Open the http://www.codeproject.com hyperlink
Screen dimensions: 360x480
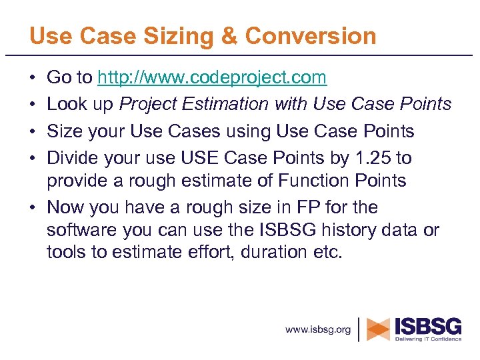click(x=212, y=78)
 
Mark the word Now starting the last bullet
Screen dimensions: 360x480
click(x=65, y=207)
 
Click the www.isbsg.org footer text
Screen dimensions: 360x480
click(x=318, y=329)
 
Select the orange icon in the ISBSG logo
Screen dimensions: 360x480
click(x=379, y=329)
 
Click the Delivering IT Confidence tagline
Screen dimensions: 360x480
click(x=428, y=339)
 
